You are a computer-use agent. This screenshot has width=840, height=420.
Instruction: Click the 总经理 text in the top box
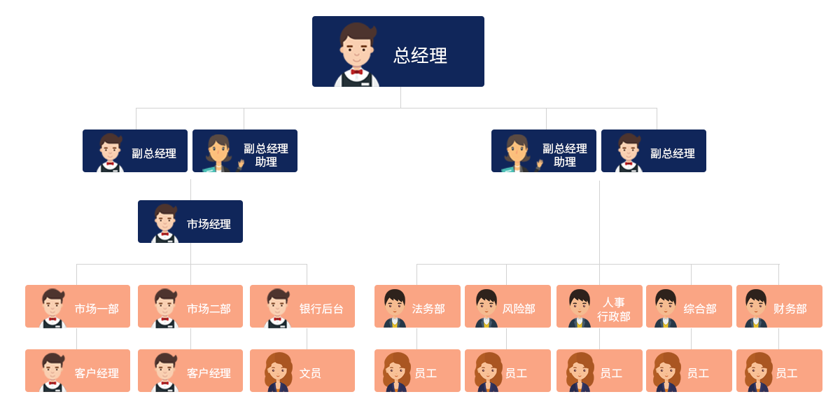pos(420,56)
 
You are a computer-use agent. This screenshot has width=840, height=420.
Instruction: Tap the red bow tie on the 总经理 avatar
pos(357,71)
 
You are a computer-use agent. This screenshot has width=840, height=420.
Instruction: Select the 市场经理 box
pos(190,221)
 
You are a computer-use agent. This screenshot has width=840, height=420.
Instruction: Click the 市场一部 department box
pos(78,307)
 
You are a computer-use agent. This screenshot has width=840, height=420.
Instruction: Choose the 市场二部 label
pos(209,309)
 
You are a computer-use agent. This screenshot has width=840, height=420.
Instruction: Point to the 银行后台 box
pos(302,307)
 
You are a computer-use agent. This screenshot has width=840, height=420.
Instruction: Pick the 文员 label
pos(310,373)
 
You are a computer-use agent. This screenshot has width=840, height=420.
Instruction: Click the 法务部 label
pos(428,309)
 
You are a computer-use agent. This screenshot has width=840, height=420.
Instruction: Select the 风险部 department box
pos(507,307)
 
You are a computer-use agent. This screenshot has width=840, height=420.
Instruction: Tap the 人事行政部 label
pos(613,309)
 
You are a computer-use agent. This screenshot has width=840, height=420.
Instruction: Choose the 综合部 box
pos(689,307)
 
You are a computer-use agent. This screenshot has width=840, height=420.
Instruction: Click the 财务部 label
pos(790,309)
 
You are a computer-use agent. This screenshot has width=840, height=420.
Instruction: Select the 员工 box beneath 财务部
pos(779,370)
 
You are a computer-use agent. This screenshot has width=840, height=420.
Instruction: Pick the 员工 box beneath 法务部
pos(417,370)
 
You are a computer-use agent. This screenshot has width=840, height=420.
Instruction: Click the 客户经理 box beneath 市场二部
pos(190,370)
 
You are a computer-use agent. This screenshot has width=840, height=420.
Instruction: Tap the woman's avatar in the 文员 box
pos(278,371)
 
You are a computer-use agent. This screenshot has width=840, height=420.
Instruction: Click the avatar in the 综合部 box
pos(665,307)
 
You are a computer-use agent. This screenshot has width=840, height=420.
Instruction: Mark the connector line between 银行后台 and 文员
pos(307,338)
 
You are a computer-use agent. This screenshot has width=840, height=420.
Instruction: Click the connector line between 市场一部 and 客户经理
pos(77,338)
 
